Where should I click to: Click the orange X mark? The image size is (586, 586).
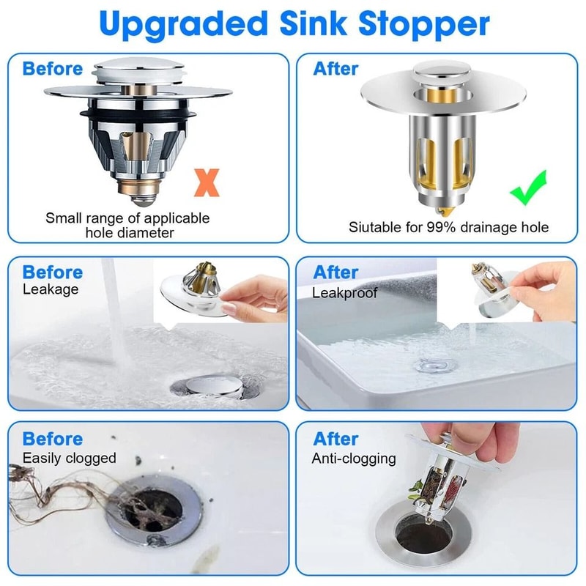[x=207, y=181]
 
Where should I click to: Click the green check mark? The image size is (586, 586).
[x=528, y=188]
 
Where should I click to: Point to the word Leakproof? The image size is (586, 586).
[x=345, y=292]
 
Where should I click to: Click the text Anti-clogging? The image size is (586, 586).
[x=355, y=459]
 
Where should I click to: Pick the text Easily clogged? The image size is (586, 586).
[x=70, y=458]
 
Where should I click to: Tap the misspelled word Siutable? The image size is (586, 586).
[x=374, y=227]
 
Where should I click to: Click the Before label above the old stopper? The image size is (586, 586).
[x=53, y=69]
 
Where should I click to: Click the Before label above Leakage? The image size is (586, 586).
[x=53, y=272]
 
